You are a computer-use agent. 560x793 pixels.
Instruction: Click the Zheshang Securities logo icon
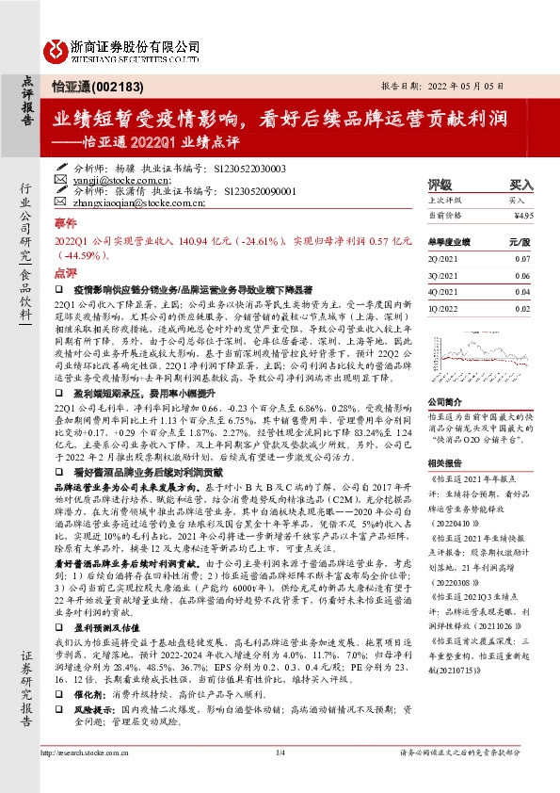click(56, 48)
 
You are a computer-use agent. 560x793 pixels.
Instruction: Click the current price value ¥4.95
click(523, 215)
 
